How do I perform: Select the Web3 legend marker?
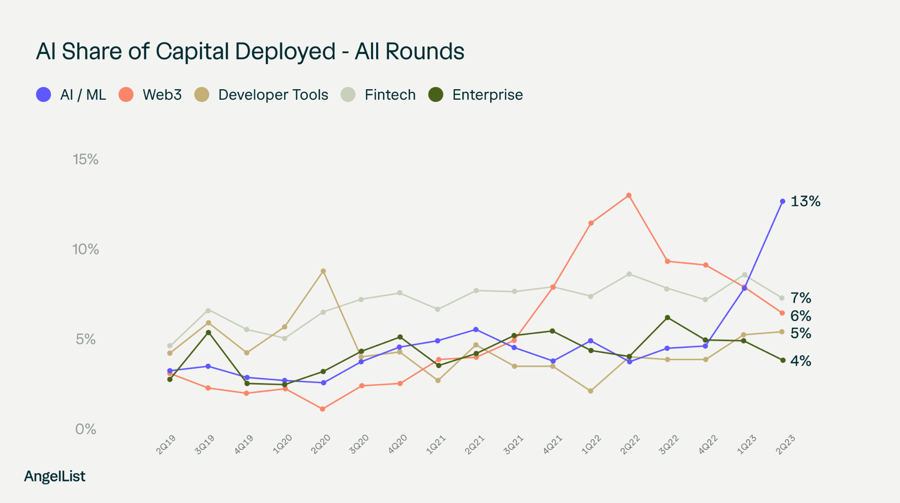point(126,94)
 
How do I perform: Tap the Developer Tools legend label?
point(273,94)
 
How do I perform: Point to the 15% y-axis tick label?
point(86,159)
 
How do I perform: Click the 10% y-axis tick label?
point(86,249)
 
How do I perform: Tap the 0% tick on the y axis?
point(86,429)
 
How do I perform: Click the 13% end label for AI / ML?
point(805,201)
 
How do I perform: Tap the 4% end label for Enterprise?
point(801,361)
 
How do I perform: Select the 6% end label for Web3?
point(801,315)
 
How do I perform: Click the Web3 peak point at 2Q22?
point(629,195)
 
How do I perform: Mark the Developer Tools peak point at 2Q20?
point(323,271)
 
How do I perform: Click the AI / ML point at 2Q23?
point(783,201)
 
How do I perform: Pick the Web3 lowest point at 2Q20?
point(323,409)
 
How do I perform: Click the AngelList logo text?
point(54,476)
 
